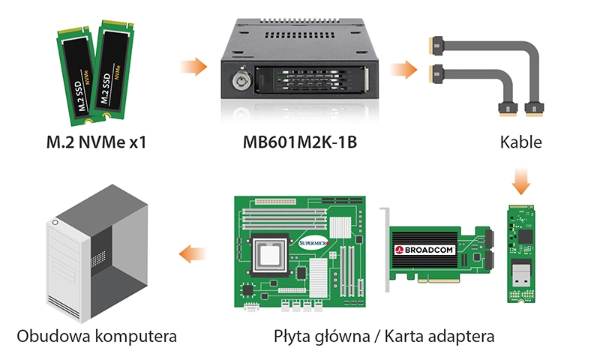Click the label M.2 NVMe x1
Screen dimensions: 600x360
coord(96,142)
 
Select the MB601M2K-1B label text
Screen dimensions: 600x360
coord(300,142)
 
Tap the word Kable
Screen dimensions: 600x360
coord(520,142)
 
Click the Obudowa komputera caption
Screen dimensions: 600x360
coord(97,336)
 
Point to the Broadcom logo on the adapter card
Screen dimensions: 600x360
coord(424,250)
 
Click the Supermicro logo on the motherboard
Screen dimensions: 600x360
coord(313,242)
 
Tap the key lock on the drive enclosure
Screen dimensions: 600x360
coord(241,80)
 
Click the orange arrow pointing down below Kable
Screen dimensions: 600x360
coord(520,181)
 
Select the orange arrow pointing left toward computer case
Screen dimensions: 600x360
coord(193,253)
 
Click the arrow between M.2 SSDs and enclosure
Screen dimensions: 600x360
coord(193,67)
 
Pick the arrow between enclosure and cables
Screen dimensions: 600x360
coord(403,70)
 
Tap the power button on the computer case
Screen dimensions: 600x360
coord(55,222)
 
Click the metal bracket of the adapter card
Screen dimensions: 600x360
coord(385,250)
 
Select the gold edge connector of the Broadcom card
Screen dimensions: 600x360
coord(439,280)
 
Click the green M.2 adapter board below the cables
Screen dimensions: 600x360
coord(520,253)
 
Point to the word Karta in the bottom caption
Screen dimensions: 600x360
coord(403,336)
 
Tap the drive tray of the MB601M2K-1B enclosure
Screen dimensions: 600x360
coord(312,80)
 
